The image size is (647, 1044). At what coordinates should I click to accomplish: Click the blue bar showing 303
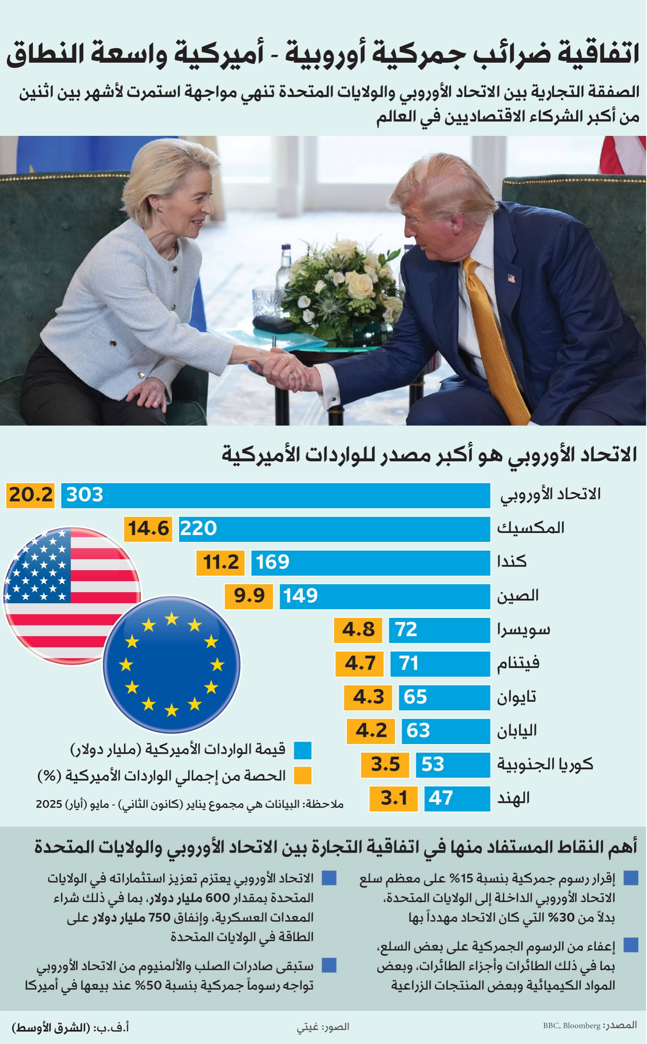(275, 495)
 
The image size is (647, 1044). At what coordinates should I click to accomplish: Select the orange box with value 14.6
(148, 529)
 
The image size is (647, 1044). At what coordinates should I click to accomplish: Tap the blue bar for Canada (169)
(370, 562)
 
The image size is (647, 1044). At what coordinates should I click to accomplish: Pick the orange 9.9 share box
(249, 596)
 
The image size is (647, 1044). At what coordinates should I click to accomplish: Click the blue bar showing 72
(439, 630)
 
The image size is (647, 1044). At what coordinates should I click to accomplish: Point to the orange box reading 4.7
(359, 663)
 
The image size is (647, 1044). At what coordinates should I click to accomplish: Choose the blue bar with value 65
(444, 697)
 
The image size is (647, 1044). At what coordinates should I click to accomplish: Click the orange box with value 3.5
(385, 764)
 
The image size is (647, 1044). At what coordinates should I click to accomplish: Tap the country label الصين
(517, 596)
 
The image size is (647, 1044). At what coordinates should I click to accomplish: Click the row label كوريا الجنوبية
(545, 764)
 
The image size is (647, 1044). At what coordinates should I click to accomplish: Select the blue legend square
(302, 750)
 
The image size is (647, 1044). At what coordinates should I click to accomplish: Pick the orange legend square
(302, 775)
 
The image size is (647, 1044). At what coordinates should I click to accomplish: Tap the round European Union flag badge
(171, 665)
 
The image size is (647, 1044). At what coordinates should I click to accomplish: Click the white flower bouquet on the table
(342, 282)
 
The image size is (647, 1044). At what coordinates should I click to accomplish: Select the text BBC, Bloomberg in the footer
(572, 1026)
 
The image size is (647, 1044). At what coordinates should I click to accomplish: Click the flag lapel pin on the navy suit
(511, 279)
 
